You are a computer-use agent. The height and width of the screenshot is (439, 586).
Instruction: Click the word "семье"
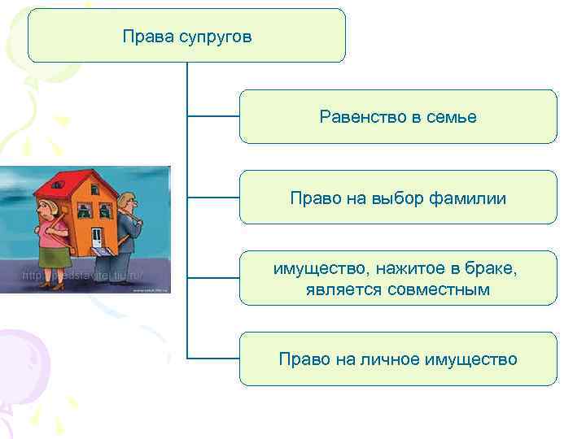tap(452, 117)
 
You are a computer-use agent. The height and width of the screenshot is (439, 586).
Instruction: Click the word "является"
tap(340, 289)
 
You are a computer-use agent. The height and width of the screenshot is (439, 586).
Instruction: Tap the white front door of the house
tap(97, 237)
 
